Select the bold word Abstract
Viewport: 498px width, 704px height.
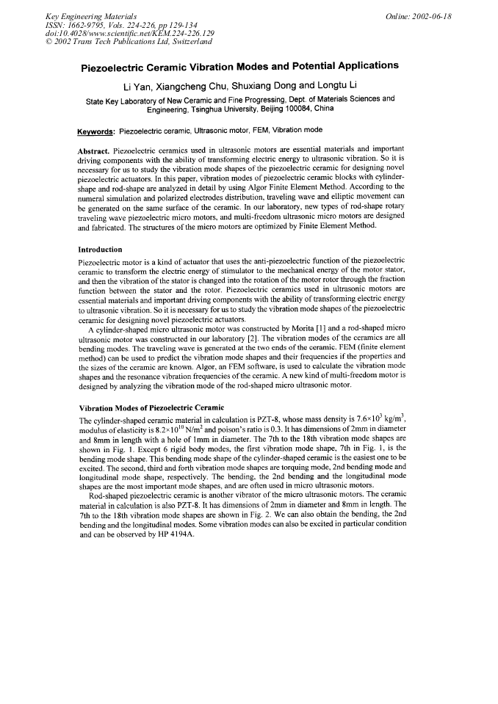pyautogui.click(x=93, y=151)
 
